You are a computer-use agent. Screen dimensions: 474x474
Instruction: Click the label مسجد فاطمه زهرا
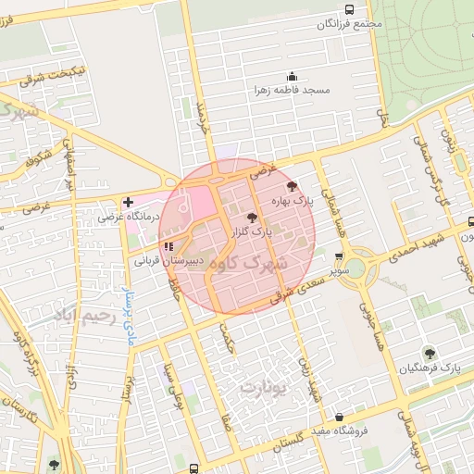(293, 91)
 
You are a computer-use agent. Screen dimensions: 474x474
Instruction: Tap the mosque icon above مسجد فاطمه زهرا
(293, 76)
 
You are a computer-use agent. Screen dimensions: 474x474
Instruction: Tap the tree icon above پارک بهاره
(293, 187)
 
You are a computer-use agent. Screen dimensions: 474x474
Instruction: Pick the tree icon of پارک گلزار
(254, 218)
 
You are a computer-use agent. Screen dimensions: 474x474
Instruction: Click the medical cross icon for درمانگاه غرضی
(128, 202)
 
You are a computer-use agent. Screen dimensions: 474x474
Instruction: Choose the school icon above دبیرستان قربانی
(168, 246)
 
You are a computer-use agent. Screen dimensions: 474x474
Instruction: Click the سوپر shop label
(340, 271)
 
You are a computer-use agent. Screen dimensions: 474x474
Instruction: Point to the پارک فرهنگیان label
(429, 368)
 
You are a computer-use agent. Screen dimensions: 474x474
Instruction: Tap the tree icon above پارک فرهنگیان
(429, 353)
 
